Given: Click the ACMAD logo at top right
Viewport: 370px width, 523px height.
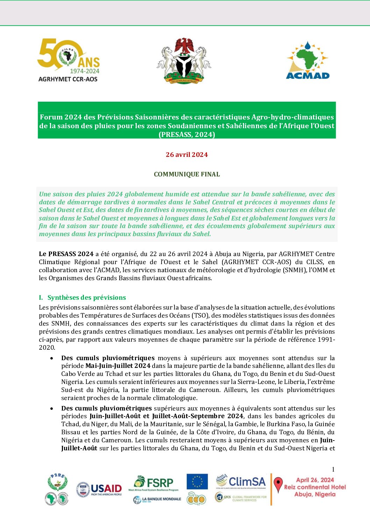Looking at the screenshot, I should [x=307, y=61].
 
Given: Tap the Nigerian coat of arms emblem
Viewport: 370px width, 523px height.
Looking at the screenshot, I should [x=184, y=61].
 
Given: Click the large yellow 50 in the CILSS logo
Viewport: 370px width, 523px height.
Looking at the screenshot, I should [x=52, y=52].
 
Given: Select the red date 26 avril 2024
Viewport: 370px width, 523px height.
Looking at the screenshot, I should [x=187, y=155].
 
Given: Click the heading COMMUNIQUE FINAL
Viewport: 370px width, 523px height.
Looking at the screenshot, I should [x=187, y=174].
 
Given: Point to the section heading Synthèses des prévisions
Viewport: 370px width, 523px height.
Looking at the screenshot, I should [x=86, y=298].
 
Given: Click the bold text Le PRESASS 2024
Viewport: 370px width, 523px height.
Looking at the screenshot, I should [x=66, y=254].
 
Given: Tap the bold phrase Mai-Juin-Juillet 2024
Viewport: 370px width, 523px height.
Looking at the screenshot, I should [x=118, y=366].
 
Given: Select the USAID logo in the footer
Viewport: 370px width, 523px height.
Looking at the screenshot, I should [x=99, y=489].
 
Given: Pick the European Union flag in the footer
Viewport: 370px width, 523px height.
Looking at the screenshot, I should [x=197, y=481].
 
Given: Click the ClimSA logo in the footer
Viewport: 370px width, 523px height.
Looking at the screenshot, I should [x=241, y=482].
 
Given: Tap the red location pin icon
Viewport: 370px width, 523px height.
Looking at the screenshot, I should [x=278, y=485].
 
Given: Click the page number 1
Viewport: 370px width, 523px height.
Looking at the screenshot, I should [x=333, y=469].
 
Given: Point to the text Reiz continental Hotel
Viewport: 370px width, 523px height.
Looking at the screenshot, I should [x=315, y=487].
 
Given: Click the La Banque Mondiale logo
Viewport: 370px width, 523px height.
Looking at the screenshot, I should [x=157, y=500].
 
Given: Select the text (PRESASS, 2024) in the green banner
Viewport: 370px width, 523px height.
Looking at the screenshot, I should [x=187, y=135].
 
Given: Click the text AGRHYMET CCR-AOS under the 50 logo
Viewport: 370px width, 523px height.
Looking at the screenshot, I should [x=68, y=79].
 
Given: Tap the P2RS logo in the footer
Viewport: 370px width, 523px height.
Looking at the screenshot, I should [x=58, y=482].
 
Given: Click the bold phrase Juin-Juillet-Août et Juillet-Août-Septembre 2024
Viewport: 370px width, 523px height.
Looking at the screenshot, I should [x=166, y=416].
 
